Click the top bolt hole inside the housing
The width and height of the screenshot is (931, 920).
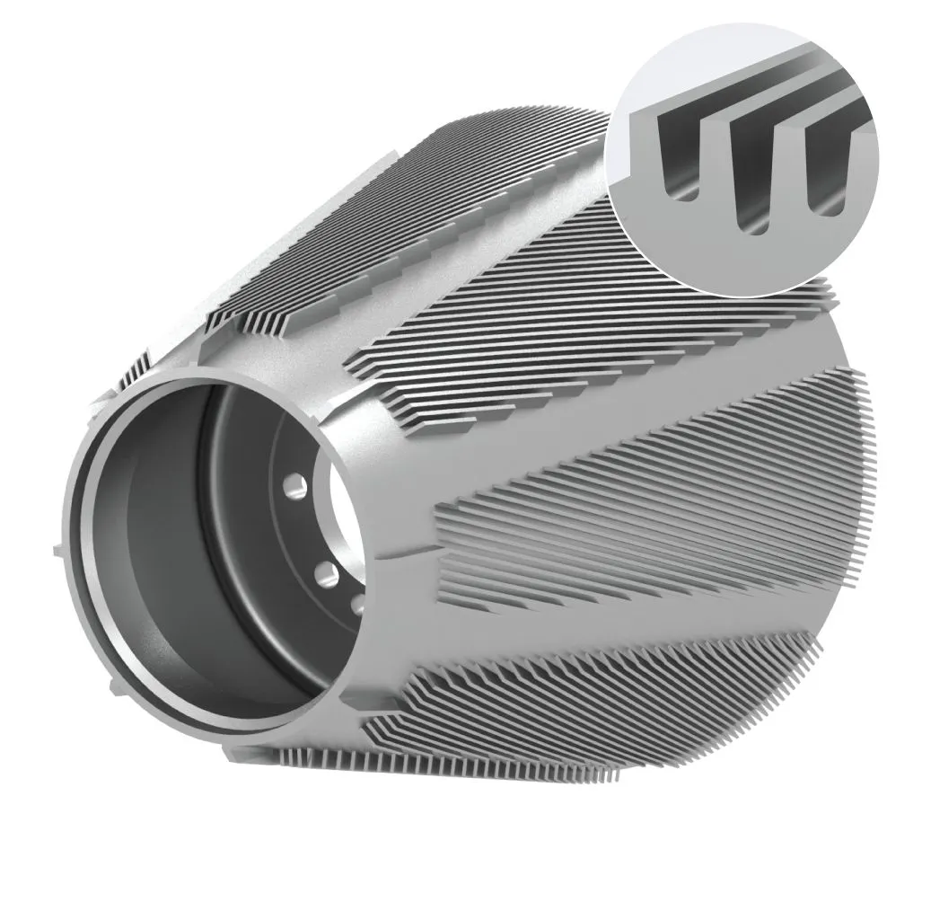(293, 486)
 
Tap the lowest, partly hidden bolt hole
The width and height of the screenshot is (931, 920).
(356, 603)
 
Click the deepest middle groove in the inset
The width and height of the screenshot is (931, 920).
(752, 180)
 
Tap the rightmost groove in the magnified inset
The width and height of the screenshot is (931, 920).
(823, 171)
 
